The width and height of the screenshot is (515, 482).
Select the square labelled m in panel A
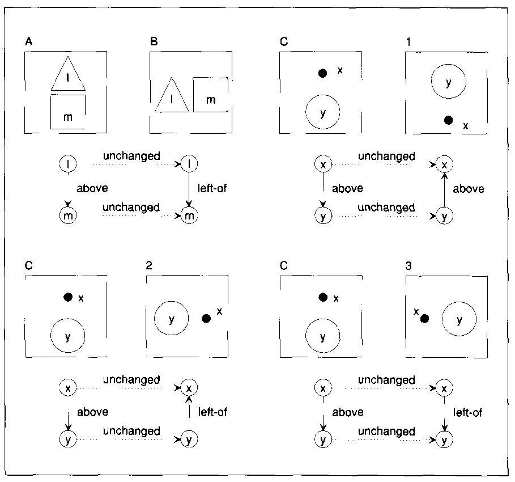[x=68, y=112]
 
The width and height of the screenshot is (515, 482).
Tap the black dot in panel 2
[x=206, y=319]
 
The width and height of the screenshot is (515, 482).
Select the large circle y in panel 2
[x=172, y=319]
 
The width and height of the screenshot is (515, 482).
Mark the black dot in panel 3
[x=424, y=319]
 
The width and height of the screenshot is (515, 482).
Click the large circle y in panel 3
[x=459, y=319]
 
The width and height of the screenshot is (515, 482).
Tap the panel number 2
[x=149, y=265]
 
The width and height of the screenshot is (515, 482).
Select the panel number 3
[x=409, y=265]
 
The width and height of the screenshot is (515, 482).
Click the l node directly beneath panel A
[x=68, y=164]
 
